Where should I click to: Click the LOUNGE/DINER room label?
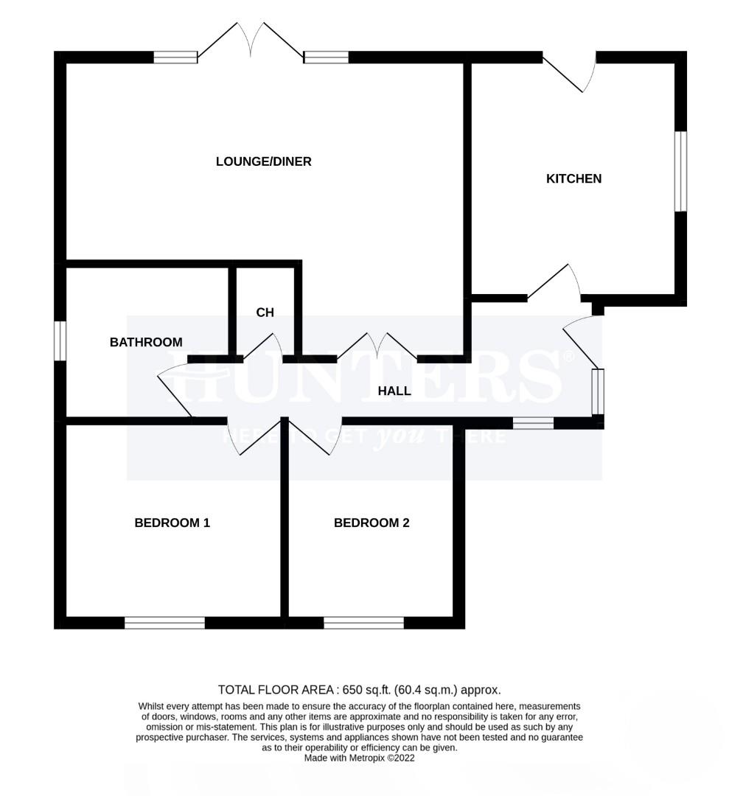click(x=263, y=161)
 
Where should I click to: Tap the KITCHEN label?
click(x=573, y=178)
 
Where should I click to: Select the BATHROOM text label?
click(x=146, y=342)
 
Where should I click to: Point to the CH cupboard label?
click(x=265, y=313)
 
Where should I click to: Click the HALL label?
click(x=394, y=391)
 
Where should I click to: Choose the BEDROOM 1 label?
click(x=172, y=523)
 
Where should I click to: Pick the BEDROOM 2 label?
click(x=372, y=523)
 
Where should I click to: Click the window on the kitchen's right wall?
click(x=680, y=172)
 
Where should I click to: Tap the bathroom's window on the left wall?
click(x=60, y=341)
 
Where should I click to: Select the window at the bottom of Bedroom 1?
click(x=165, y=623)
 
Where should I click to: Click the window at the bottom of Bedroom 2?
click(x=364, y=623)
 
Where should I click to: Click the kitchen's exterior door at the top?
click(x=570, y=71)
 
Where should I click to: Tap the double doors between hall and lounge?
click(x=377, y=346)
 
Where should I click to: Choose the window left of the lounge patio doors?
click(x=175, y=57)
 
